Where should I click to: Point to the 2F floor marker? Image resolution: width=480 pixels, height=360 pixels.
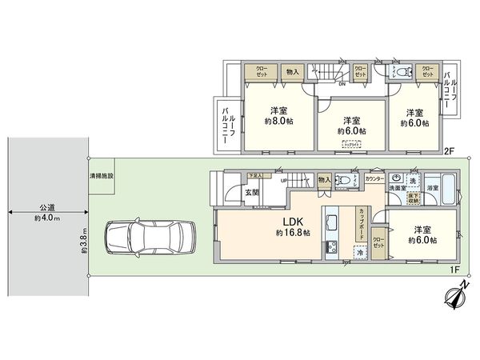tap(449, 150)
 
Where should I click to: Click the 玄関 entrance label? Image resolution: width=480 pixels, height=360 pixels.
tap(251, 191)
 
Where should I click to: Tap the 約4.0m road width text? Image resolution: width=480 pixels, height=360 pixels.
tap(48, 218)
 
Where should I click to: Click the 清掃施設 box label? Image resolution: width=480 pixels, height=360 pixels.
tap(102, 175)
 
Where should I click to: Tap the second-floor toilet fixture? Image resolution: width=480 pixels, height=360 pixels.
tap(400, 72)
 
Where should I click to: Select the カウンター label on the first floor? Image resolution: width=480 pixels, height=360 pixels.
tap(372, 179)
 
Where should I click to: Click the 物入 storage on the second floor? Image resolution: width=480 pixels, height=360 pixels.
tap(292, 72)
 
